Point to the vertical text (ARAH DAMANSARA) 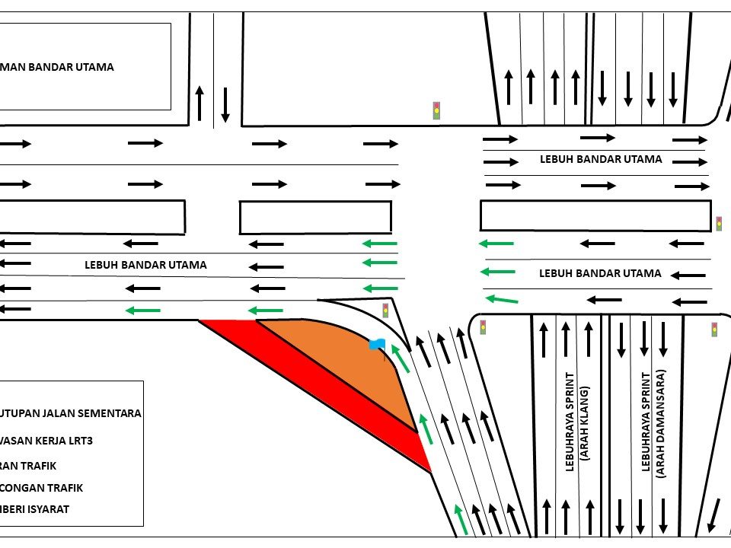pyautogui.click(x=661, y=423)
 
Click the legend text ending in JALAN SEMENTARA pyautogui.click(x=71, y=413)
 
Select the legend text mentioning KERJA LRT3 pyautogui.click(x=50, y=440)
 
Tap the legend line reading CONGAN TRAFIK pyautogui.click(x=42, y=487)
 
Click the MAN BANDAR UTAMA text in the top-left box pyautogui.click(x=57, y=67)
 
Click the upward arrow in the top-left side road pyautogui.click(x=200, y=103)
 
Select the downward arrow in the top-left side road pyautogui.click(x=225, y=105)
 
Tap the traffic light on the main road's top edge pyautogui.click(x=437, y=110)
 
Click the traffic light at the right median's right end pyautogui.click(x=718, y=224)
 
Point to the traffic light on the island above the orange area pyautogui.click(x=385, y=311)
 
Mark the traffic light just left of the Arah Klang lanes pyautogui.click(x=483, y=327)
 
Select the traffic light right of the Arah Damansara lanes pyautogui.click(x=714, y=330)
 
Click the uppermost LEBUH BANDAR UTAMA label pyautogui.click(x=601, y=160)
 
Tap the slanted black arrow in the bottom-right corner pyautogui.click(x=714, y=515)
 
